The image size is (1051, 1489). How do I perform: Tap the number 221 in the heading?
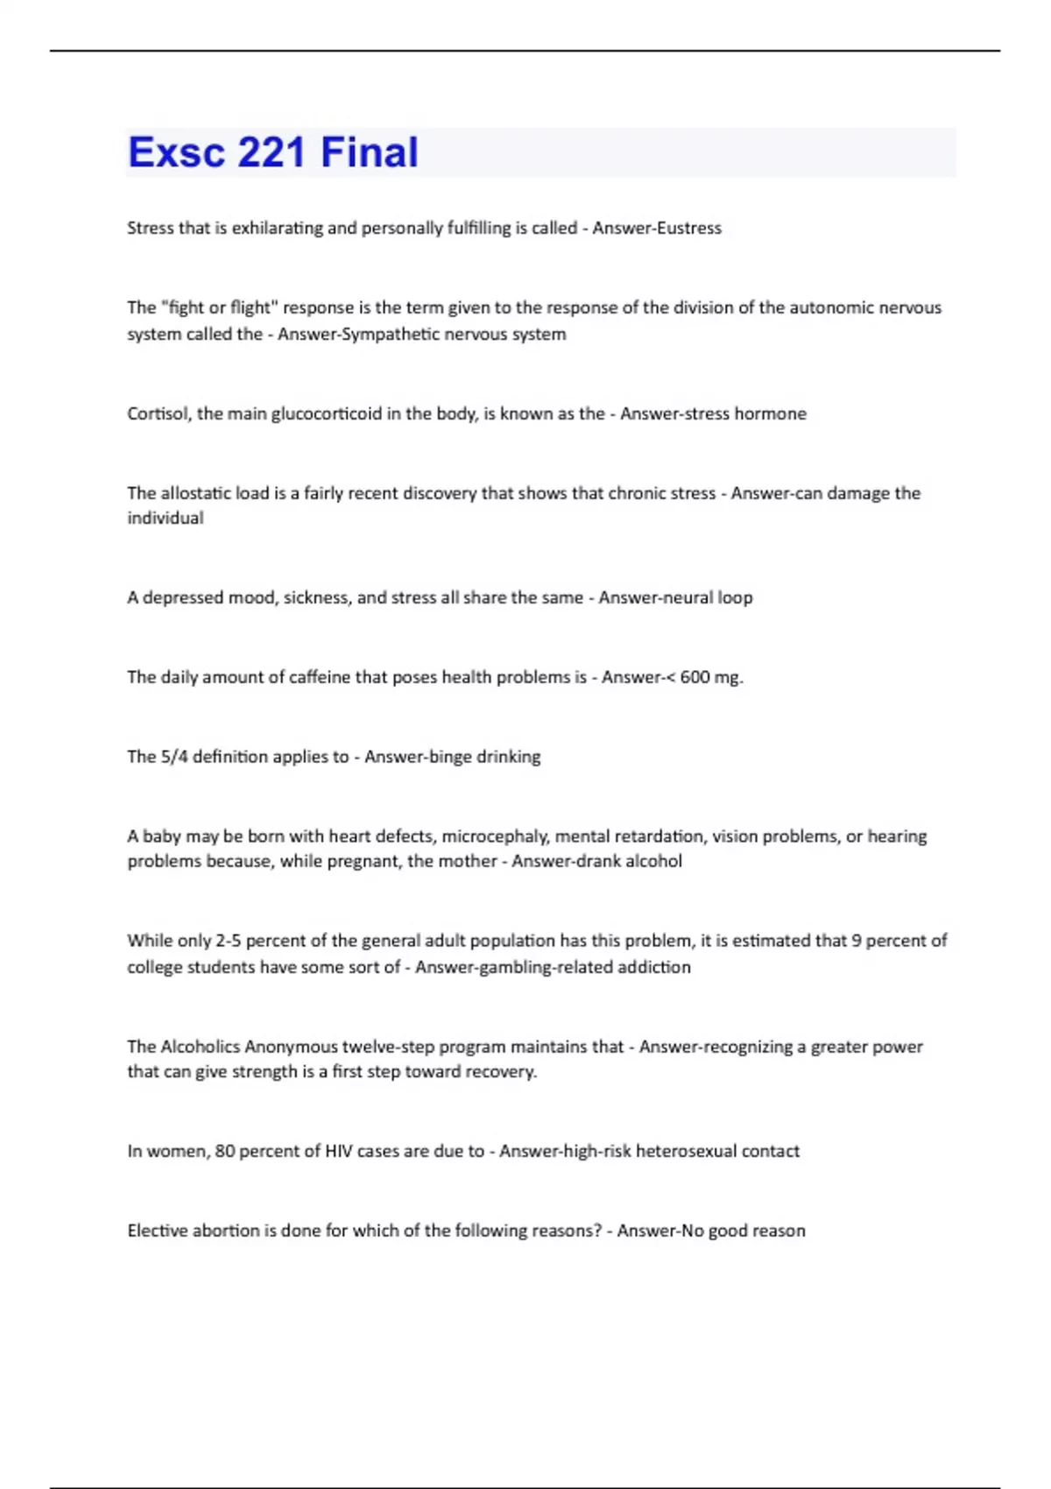tap(272, 152)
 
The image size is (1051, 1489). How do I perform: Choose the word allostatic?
tap(197, 493)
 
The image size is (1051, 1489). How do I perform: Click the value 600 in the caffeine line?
tap(695, 677)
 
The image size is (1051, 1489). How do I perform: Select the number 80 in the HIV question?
tap(225, 1151)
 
